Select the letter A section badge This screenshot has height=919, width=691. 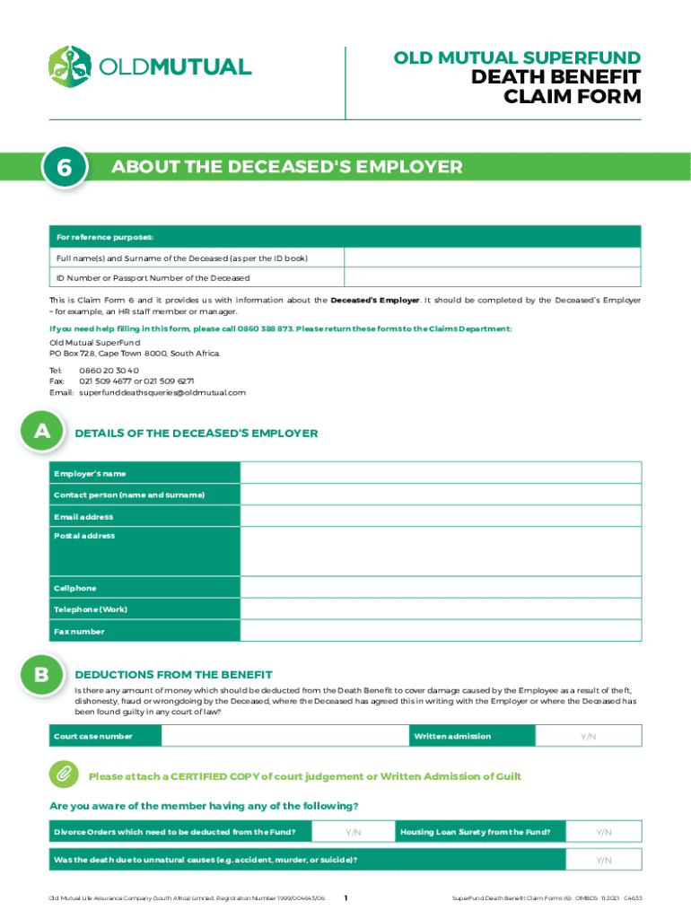pyautogui.click(x=41, y=433)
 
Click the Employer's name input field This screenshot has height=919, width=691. pyautogui.click(x=441, y=473)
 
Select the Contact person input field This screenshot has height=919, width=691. pyautogui.click(x=441, y=495)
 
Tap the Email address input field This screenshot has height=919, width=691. pyautogui.click(x=441, y=517)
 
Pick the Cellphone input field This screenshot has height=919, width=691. pyautogui.click(x=441, y=588)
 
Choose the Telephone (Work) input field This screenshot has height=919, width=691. pyautogui.click(x=441, y=609)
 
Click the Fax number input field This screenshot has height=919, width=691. pyautogui.click(x=441, y=631)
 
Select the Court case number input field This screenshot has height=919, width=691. pyautogui.click(x=283, y=736)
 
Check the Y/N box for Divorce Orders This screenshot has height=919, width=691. pyautogui.click(x=354, y=832)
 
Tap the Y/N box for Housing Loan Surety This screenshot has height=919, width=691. pyautogui.click(x=603, y=832)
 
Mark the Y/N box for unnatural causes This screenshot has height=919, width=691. pyautogui.click(x=603, y=860)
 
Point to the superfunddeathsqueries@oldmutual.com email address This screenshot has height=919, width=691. pyautogui.click(x=162, y=392)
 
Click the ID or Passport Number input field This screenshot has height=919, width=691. pyautogui.click(x=493, y=278)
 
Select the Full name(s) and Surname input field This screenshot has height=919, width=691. pyautogui.click(x=493, y=258)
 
